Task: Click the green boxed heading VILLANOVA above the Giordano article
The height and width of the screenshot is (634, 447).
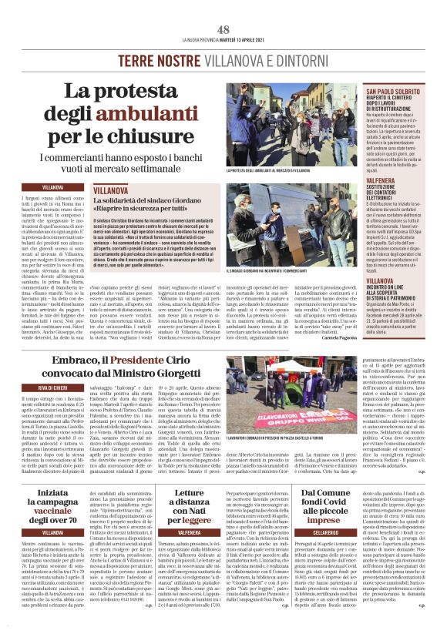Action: [111, 188]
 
